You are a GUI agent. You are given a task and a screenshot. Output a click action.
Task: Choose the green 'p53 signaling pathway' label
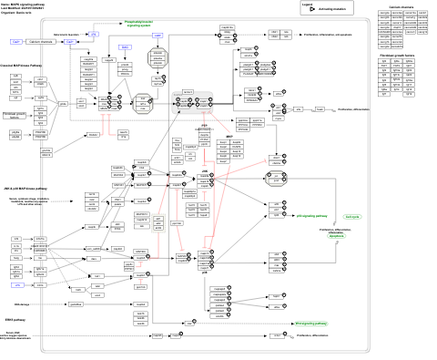(311, 216)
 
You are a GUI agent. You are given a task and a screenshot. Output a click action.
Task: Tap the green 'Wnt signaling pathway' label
(311, 323)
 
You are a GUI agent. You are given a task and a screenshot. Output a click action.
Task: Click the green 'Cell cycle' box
(352, 217)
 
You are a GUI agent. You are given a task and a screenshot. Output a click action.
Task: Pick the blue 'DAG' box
(125, 46)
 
